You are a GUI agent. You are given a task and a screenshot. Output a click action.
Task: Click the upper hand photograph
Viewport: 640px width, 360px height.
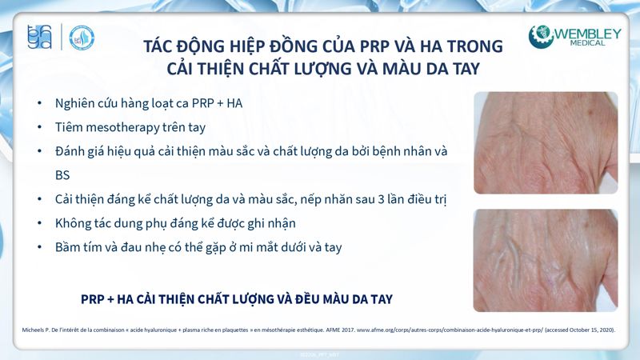click(x=546, y=142)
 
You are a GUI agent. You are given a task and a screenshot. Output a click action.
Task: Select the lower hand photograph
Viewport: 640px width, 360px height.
click(x=546, y=259)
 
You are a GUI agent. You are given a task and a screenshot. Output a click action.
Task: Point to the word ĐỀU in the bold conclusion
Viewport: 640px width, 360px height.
click(x=307, y=298)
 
